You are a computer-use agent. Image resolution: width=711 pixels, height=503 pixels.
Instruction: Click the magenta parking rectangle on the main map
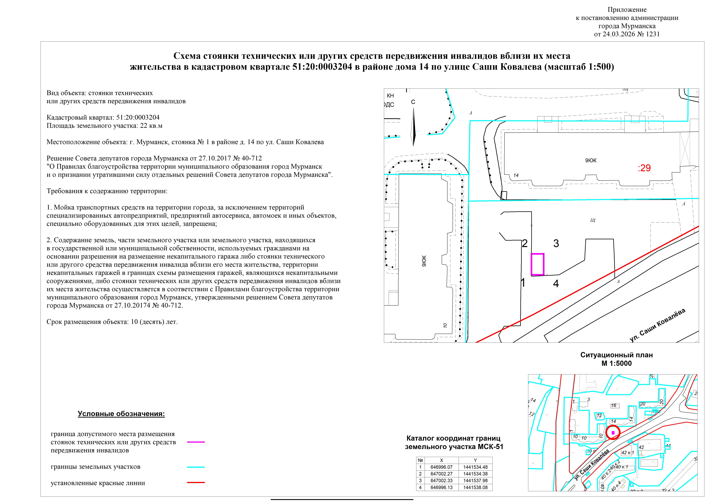point(538,264)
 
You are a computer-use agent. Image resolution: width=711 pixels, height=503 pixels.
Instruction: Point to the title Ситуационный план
point(616,355)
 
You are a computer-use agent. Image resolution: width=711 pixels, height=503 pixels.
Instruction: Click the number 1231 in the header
point(653,34)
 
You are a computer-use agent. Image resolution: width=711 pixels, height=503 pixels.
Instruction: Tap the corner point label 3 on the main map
point(556,243)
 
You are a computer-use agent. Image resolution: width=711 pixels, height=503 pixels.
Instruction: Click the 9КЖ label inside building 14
point(590,160)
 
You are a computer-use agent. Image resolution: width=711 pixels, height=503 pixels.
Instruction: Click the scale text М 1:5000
point(616,363)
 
